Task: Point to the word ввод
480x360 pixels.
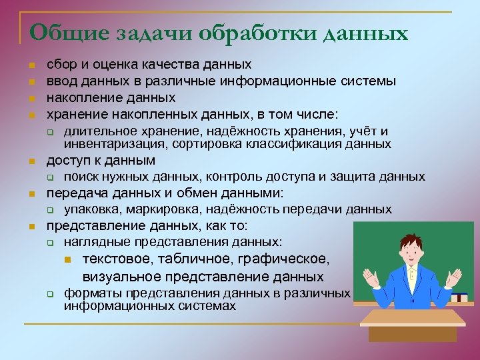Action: [x=60, y=81]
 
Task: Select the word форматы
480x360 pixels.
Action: [x=87, y=293]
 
